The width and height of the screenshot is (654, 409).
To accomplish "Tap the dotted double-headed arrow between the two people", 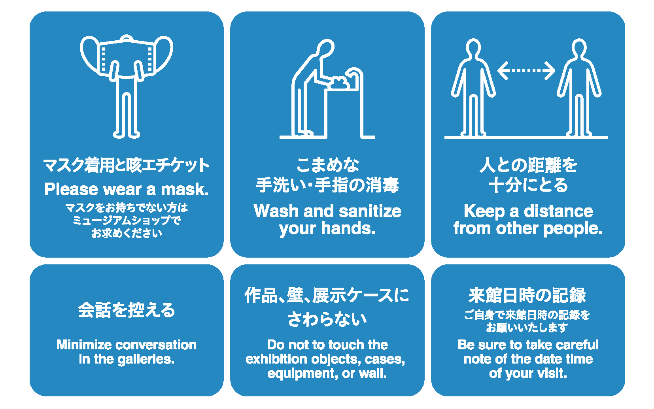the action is [x=526, y=71].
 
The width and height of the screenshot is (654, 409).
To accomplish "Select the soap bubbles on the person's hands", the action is [x=339, y=83].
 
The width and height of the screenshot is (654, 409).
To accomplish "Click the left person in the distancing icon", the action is [x=473, y=87].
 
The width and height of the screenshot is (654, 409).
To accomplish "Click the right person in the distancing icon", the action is [x=579, y=87].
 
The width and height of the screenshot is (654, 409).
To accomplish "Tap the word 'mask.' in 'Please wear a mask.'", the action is [x=185, y=189].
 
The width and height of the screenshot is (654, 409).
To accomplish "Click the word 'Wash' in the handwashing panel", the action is [x=276, y=211].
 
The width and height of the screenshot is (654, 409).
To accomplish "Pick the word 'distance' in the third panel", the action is [x=558, y=211].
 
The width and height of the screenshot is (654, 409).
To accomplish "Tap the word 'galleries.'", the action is [x=146, y=360].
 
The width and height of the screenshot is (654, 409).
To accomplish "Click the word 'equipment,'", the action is [x=303, y=374].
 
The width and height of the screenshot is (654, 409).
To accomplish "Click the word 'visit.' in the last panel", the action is [x=552, y=373].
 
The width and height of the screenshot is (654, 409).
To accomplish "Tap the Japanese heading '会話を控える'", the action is [x=127, y=310].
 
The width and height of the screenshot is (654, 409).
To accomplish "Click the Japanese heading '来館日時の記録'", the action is [x=527, y=295].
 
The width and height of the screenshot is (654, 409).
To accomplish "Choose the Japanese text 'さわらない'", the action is [x=327, y=319].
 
